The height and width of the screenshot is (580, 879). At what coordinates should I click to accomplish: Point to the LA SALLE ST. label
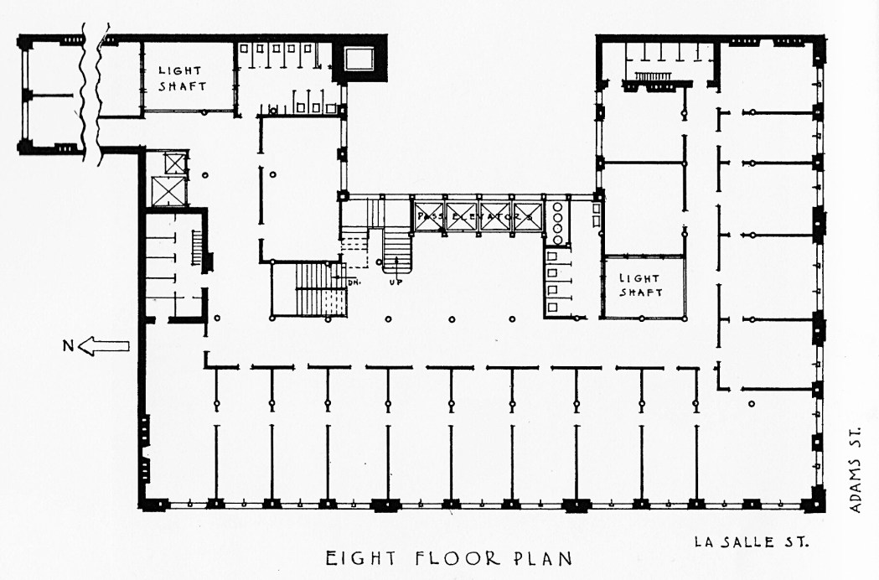click(x=751, y=541)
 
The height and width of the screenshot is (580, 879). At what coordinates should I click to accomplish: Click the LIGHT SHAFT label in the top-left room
click(x=180, y=78)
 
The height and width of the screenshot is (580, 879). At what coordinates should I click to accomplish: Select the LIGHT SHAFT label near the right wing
click(x=640, y=285)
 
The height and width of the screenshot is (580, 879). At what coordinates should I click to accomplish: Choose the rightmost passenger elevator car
click(x=527, y=216)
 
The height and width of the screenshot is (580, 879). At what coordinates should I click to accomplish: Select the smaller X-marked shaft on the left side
click(x=173, y=161)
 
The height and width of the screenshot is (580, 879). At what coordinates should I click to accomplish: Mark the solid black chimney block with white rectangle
click(x=359, y=59)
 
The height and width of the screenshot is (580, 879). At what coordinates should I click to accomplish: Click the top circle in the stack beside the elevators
click(x=556, y=206)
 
